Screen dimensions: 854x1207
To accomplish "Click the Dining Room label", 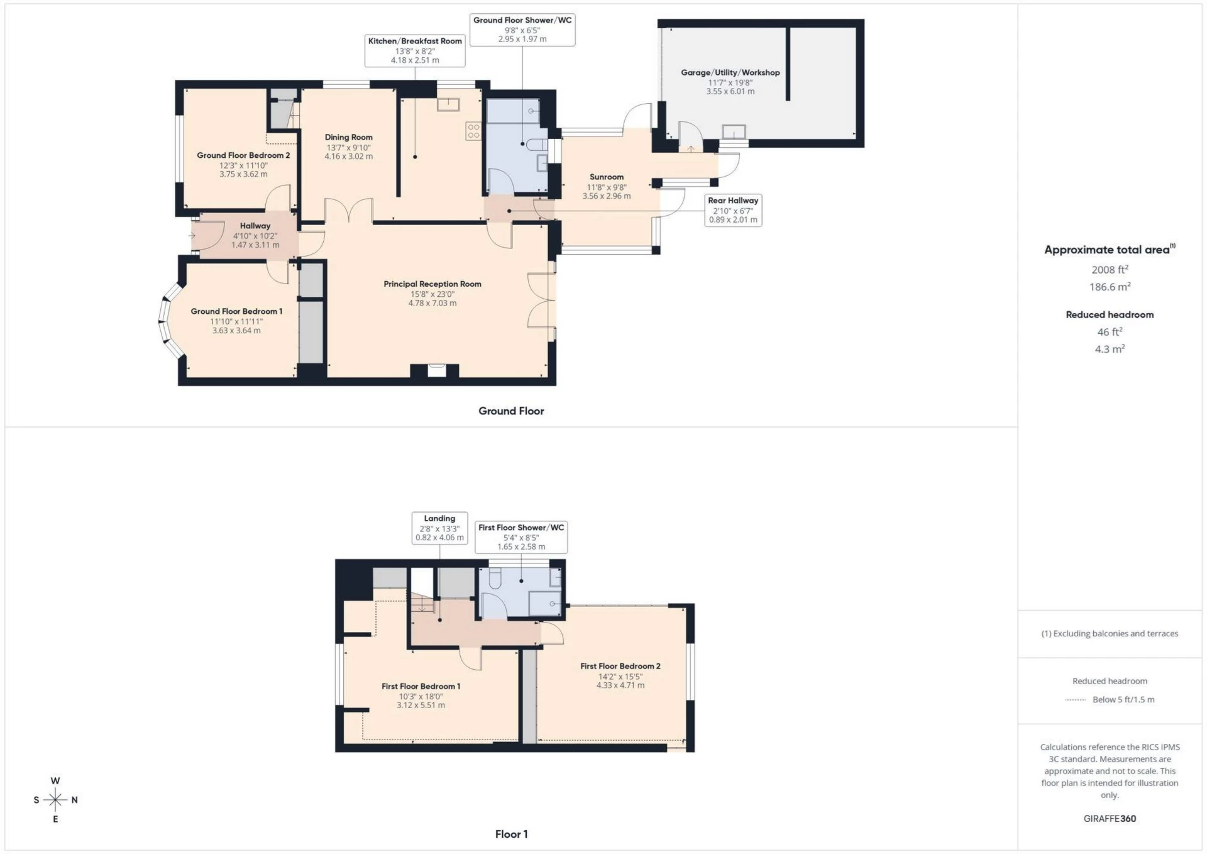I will [x=348, y=137].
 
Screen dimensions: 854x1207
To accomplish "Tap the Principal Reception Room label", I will [x=433, y=284].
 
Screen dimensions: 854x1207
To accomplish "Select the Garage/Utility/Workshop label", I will [x=730, y=72].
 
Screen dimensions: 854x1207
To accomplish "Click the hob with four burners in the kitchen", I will [x=473, y=131].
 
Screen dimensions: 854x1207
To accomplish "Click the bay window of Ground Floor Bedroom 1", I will [x=165, y=321].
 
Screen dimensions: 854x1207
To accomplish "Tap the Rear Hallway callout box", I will [x=733, y=210].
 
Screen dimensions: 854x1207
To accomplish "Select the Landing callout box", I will [x=439, y=528].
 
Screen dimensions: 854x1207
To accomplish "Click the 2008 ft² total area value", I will [x=1110, y=270].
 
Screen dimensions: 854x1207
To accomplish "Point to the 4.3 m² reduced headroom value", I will [x=1110, y=349].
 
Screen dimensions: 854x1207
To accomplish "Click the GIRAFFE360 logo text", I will [x=1110, y=819].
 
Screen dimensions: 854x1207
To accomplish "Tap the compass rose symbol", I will [x=55, y=800].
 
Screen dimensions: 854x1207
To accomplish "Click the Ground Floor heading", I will [x=511, y=411].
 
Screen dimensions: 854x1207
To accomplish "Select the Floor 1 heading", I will [x=511, y=835].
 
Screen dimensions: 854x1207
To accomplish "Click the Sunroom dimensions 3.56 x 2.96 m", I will [x=607, y=196].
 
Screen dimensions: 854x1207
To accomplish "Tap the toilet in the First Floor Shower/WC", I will [x=493, y=577].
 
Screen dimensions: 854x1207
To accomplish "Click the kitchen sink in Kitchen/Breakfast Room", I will [x=449, y=104].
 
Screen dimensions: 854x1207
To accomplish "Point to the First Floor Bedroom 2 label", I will [x=620, y=666].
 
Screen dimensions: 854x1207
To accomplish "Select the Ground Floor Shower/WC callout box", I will [x=522, y=30].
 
